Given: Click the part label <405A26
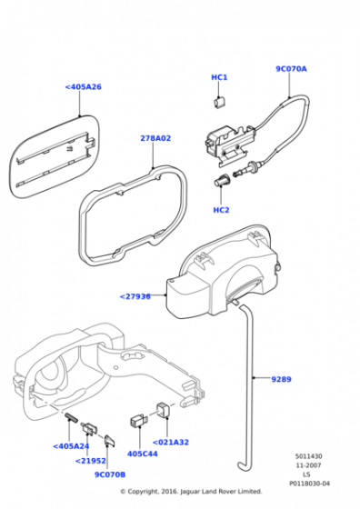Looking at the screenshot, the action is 84,87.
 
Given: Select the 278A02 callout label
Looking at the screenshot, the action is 155,138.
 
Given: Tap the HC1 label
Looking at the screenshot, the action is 219,77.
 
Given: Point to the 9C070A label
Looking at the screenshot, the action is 291,69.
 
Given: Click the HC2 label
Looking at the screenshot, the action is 221,210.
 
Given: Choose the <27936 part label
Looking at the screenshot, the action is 135,296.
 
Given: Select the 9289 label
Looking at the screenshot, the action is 281,379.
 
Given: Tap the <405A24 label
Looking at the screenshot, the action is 71,446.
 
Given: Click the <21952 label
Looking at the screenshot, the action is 91,461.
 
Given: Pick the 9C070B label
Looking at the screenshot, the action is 110,474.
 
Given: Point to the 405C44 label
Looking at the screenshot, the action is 143,454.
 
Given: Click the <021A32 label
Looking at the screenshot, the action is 170,442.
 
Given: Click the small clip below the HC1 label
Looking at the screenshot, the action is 220,102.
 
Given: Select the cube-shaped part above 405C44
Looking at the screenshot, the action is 138,420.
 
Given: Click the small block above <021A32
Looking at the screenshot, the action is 164,410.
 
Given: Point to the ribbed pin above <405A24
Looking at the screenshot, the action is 72,417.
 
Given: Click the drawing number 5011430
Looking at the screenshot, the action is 309,456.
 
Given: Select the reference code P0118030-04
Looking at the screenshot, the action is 309,484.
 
